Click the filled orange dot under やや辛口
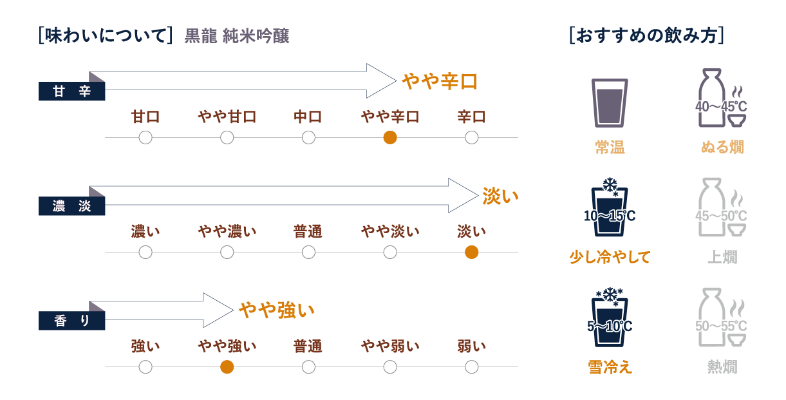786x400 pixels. (390, 137)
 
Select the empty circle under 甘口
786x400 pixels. (145, 137)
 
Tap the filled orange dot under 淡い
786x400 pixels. (471, 252)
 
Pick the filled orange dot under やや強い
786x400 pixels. (227, 367)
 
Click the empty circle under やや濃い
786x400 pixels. (227, 252)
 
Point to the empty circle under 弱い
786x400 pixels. (471, 367)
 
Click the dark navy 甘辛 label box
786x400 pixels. (71, 91)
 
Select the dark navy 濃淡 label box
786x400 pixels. (71, 206)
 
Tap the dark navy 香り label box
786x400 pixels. (71, 321)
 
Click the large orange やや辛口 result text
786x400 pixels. (439, 81)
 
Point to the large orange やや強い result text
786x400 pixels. (277, 310)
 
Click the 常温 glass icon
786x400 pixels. (610, 102)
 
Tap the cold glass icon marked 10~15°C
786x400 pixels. (610, 207)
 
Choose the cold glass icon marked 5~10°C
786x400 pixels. (610, 317)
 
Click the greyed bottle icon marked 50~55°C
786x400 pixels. (722, 317)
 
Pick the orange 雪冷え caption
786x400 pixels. (610, 367)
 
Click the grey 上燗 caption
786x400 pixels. (722, 257)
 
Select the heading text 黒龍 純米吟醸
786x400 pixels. (237, 36)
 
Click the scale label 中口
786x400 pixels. (308, 117)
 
